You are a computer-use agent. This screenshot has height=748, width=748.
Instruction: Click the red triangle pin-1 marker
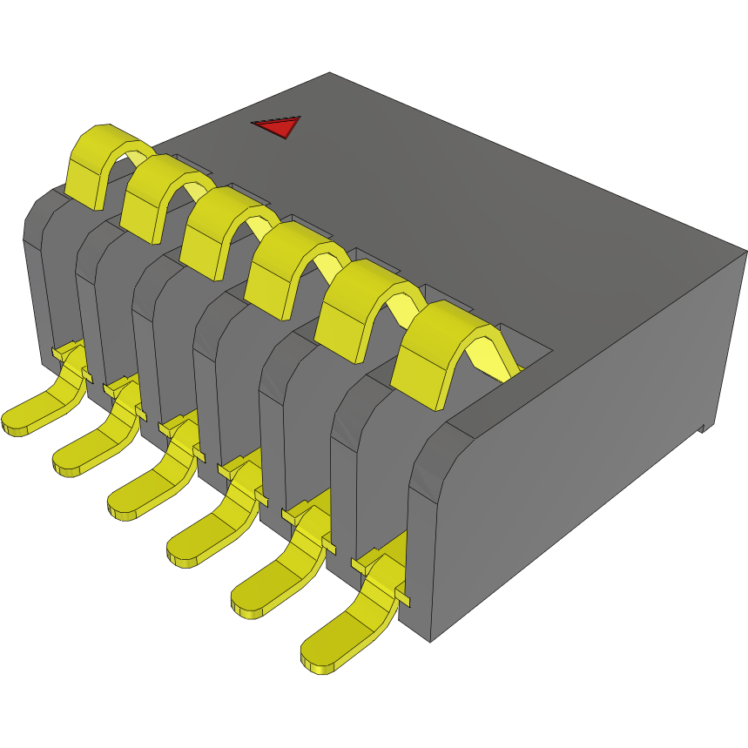pos(278,126)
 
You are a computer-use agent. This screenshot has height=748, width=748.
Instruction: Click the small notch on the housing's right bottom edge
pos(704,428)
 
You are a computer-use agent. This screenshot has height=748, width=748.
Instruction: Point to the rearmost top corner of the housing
pos(330,74)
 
